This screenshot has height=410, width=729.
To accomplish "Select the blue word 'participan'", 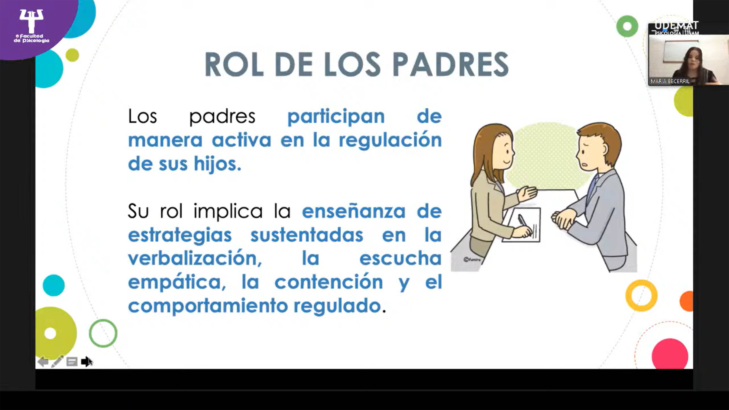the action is pyautogui.click(x=336, y=117).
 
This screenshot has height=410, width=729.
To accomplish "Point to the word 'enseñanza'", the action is pyautogui.click(x=354, y=212).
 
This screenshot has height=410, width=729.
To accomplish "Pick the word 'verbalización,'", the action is pyautogui.click(x=195, y=258).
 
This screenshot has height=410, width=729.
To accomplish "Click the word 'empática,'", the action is pyautogui.click(x=177, y=283).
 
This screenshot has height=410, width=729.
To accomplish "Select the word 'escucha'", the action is pyautogui.click(x=400, y=258).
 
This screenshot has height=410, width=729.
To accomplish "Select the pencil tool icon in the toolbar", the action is pyautogui.click(x=57, y=362).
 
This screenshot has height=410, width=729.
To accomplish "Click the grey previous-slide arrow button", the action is pyautogui.click(x=43, y=362).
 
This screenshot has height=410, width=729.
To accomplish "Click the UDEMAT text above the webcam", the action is pyautogui.click(x=676, y=26).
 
